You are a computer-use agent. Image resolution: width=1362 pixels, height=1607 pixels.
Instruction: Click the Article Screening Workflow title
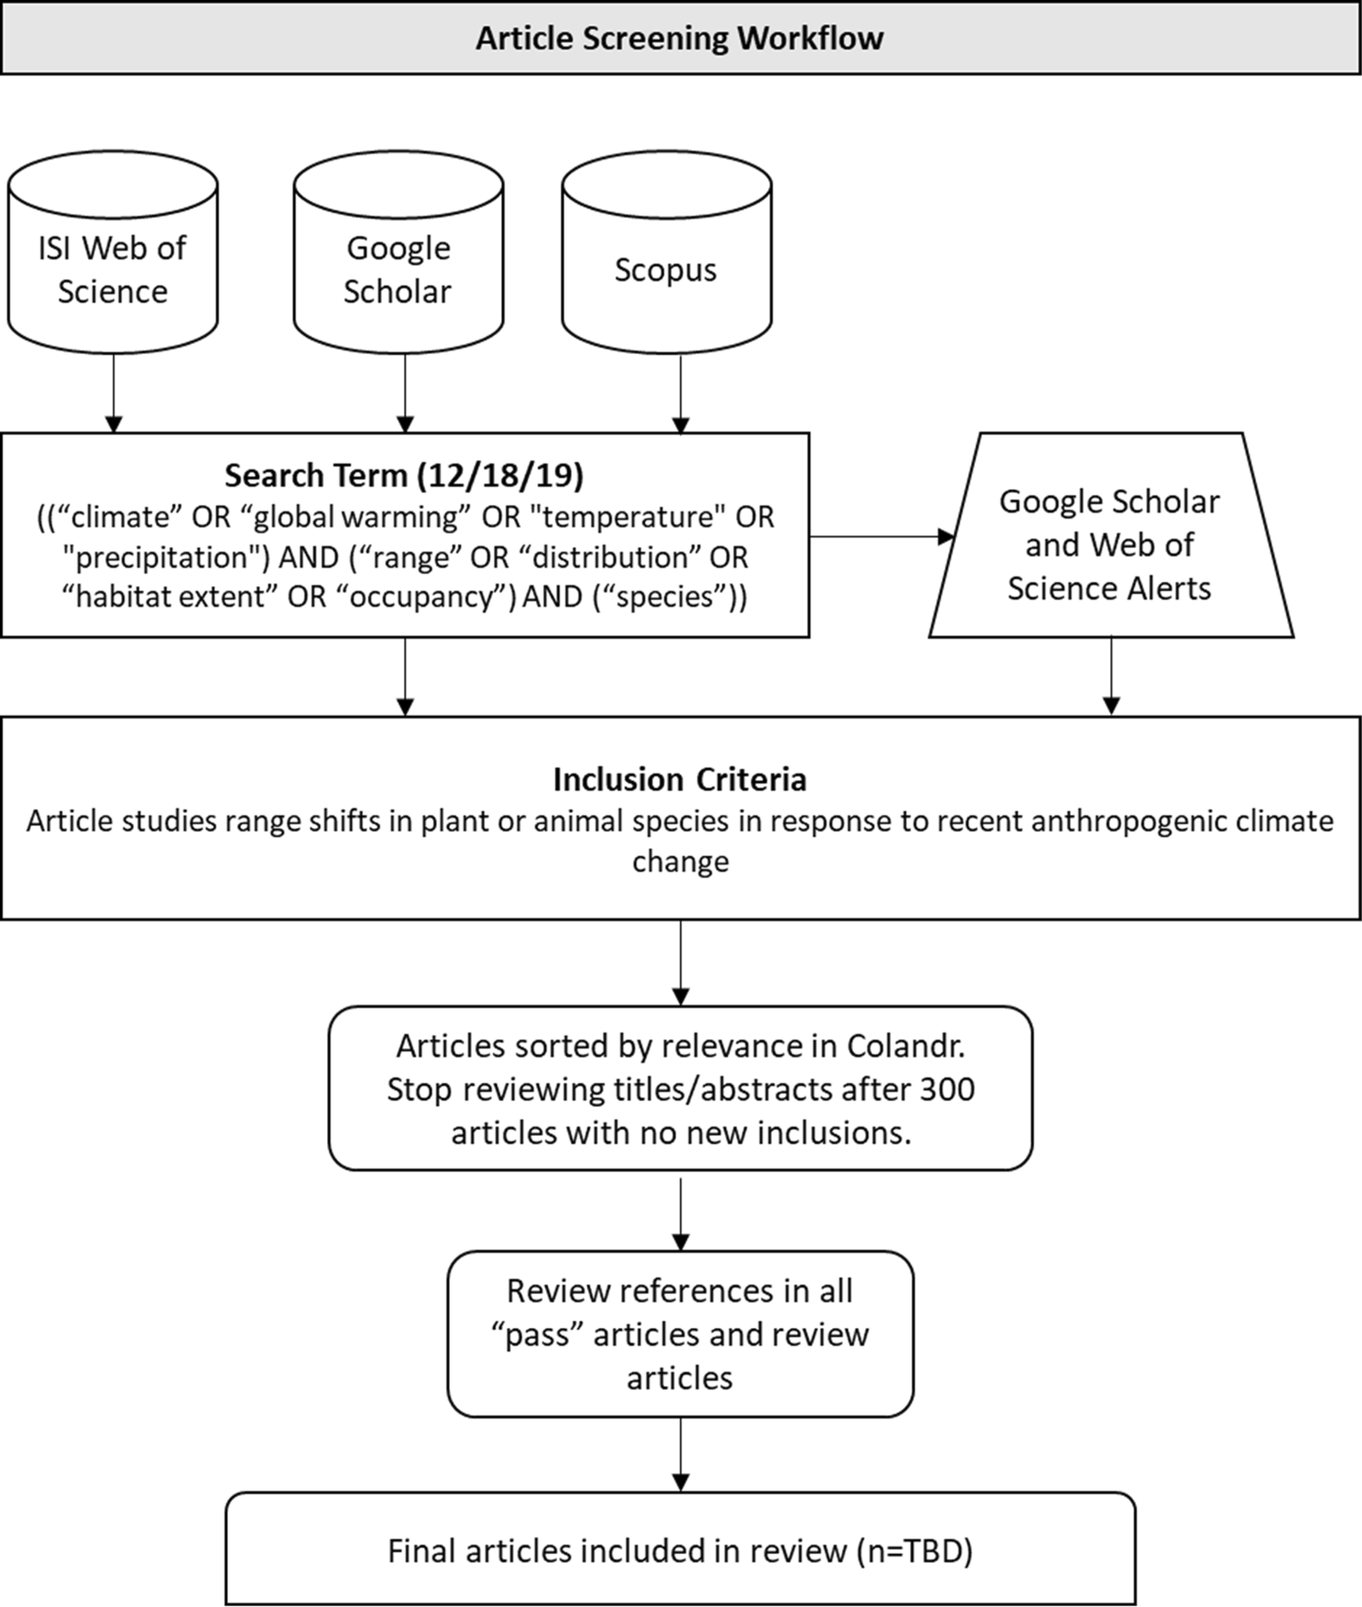[680, 38]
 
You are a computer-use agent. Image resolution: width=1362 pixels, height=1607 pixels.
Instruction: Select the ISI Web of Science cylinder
[113, 270]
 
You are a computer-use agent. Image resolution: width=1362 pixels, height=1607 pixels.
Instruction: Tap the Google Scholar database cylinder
[398, 270]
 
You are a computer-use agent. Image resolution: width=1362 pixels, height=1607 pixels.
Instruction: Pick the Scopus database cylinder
[666, 270]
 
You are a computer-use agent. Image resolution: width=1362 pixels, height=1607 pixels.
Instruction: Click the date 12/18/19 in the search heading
[500, 475]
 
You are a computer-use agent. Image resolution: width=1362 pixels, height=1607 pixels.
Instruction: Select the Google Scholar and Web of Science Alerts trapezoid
[1110, 544]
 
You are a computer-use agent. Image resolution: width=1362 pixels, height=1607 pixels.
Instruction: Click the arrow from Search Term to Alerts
[880, 537]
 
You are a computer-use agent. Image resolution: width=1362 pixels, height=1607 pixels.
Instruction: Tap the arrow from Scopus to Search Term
[681, 393]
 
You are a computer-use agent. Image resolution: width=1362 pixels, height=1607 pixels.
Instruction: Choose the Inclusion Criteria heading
[680, 779]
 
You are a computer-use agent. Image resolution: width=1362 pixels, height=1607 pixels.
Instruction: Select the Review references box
[680, 1334]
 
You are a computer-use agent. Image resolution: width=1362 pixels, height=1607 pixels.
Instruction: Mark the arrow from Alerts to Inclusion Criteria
[1111, 676]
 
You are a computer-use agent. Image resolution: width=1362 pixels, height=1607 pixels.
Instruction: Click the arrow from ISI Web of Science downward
[114, 393]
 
